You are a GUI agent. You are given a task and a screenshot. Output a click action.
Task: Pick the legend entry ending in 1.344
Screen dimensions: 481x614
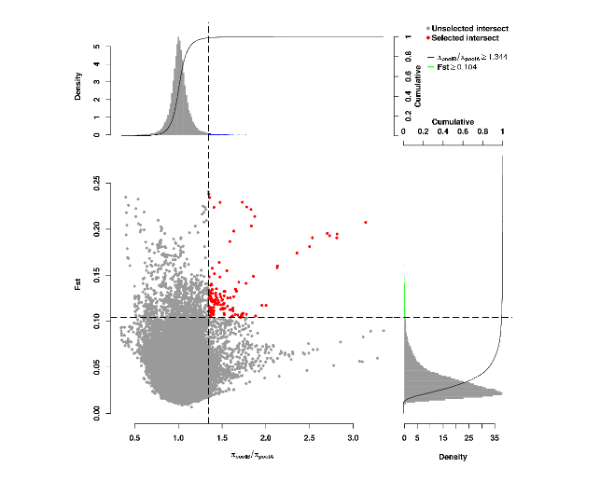472,57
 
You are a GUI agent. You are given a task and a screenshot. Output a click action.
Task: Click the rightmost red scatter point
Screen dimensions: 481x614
366,222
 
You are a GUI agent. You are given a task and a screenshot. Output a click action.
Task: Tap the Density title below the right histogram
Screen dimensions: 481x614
454,457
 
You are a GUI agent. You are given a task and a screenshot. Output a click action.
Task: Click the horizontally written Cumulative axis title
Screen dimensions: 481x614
454,121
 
